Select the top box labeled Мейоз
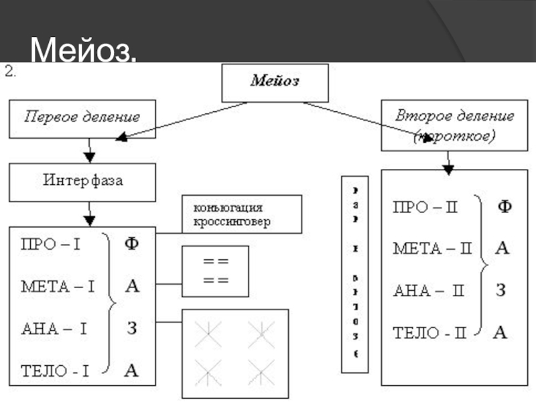tap(275, 82)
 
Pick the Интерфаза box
tap(82, 181)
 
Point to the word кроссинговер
tap(232, 222)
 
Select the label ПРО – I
tap(51, 245)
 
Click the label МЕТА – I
tap(58, 287)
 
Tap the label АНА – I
tap(54, 329)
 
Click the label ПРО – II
tap(425, 208)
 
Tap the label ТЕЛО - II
tap(429, 332)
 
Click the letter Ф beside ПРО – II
tap(503, 207)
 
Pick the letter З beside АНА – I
tap(133, 328)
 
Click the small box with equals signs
tap(215, 271)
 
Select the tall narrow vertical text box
tap(355, 274)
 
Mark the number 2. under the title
tap(11, 72)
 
